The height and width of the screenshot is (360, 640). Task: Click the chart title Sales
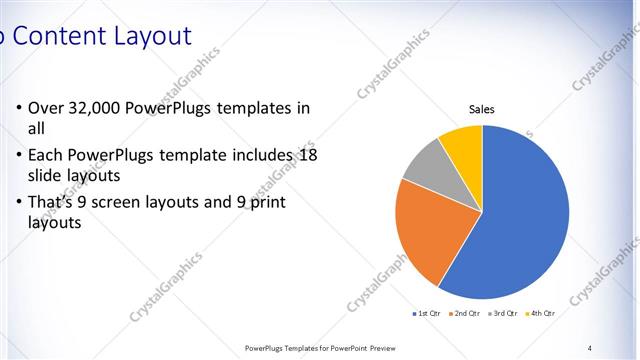coord(482,110)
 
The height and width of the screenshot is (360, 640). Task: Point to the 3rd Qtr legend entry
coord(504,313)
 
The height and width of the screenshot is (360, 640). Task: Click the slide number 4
coord(590,347)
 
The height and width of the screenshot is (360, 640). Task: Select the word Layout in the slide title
coord(149,37)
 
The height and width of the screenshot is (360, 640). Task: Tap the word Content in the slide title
coord(57,37)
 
